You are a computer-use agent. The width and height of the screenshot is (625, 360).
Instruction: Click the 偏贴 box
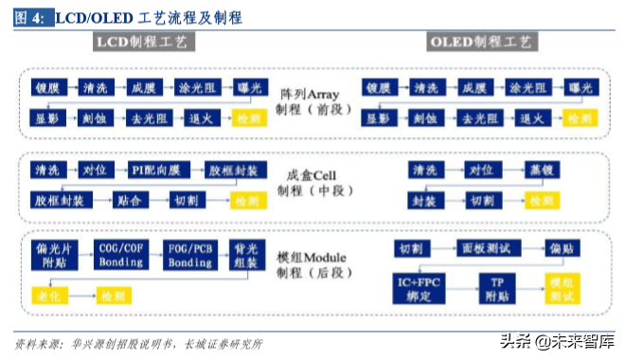point(559,248)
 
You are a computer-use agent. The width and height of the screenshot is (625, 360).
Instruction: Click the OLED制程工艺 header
point(481,42)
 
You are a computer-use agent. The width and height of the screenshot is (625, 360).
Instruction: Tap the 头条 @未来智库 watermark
point(558,342)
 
